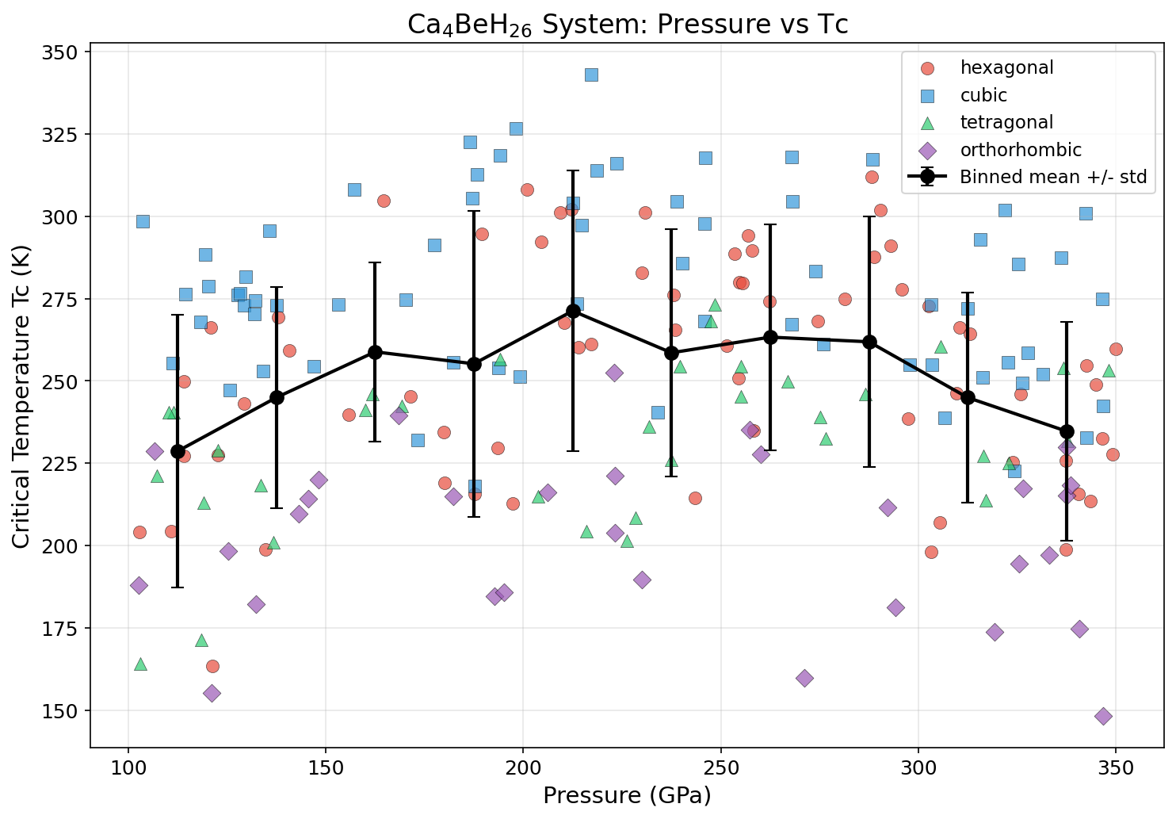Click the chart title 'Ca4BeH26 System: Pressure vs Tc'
(x=627, y=24)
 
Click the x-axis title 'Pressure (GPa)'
(x=627, y=795)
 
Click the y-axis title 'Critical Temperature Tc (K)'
(x=21, y=395)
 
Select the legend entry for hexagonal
(x=1006, y=68)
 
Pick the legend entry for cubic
(x=983, y=95)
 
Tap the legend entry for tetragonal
(x=1006, y=122)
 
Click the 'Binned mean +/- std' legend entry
(x=1053, y=177)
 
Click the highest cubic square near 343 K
(x=591, y=75)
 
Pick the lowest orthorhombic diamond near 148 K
(x=1103, y=716)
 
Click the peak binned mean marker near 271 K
(x=573, y=311)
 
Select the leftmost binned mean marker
(x=178, y=451)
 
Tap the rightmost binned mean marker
(x=1067, y=431)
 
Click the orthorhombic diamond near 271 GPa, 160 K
(x=804, y=678)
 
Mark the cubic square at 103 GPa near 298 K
(x=143, y=221)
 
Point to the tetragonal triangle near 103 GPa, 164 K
(x=140, y=664)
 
